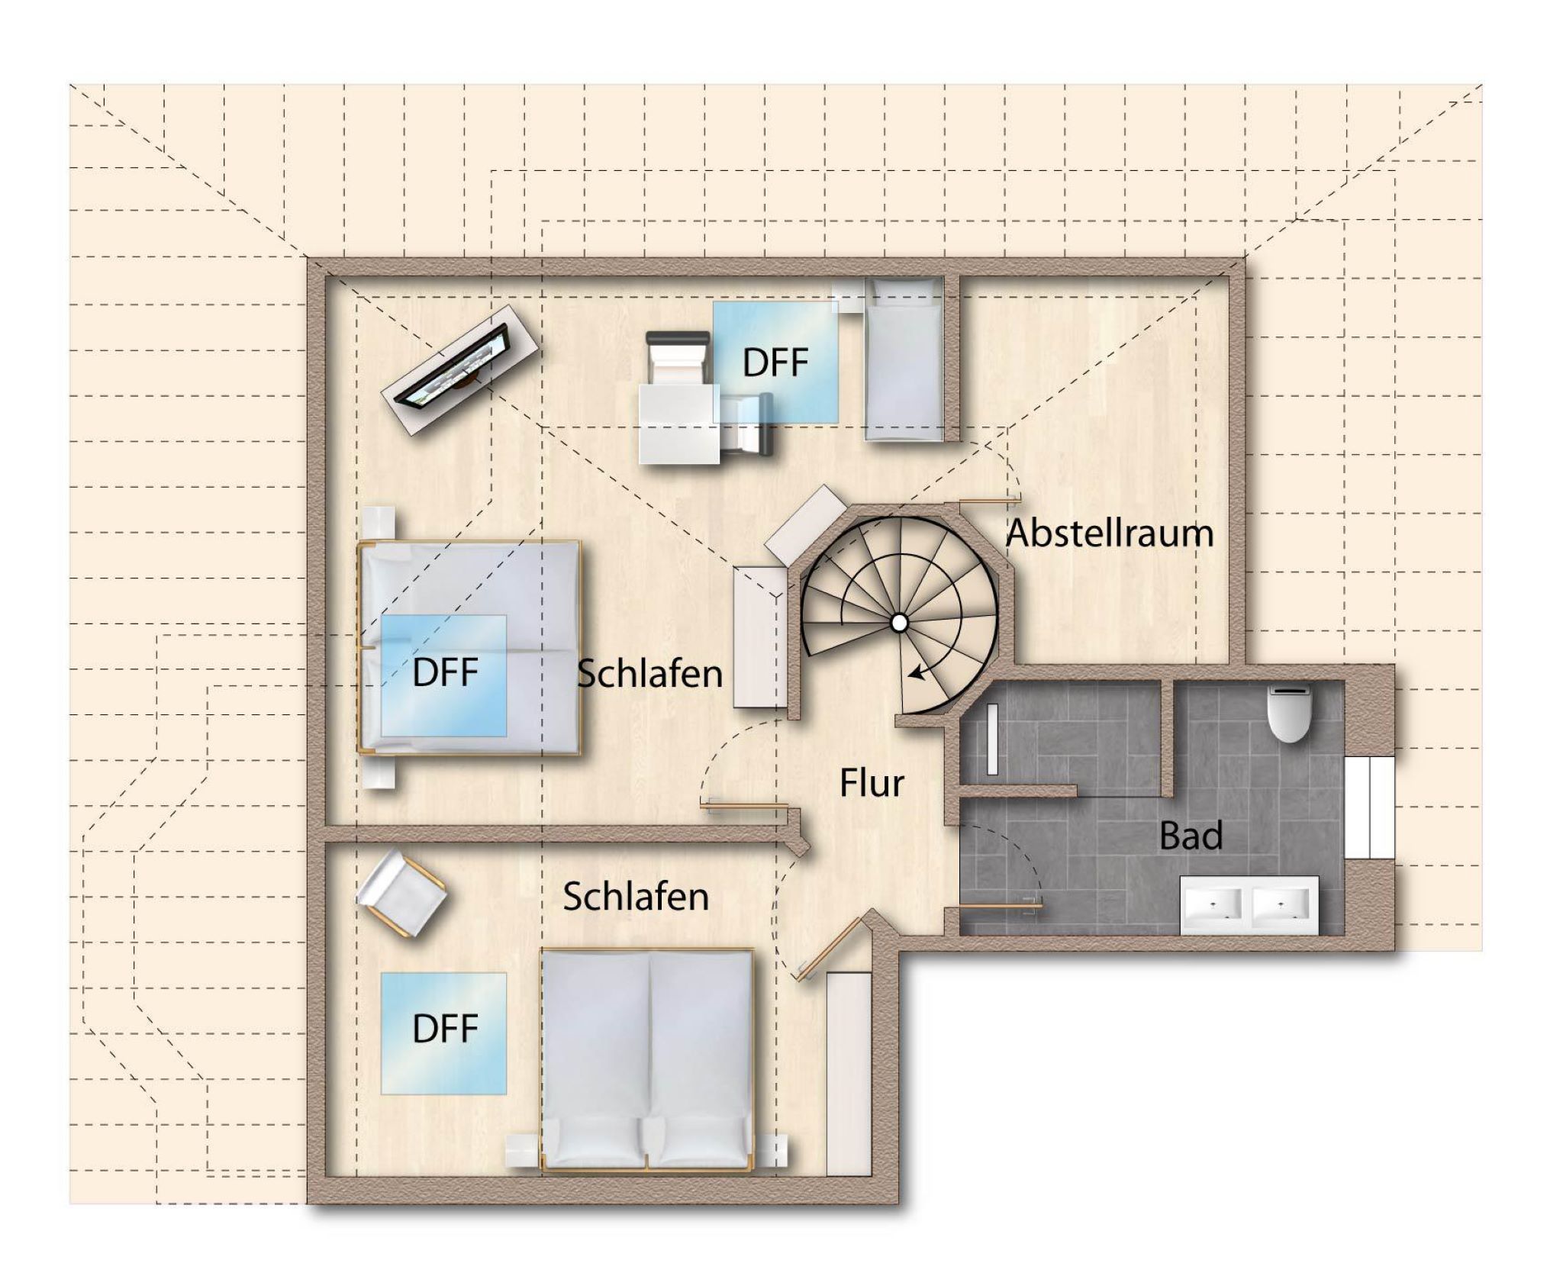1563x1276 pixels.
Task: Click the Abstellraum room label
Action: tap(1110, 533)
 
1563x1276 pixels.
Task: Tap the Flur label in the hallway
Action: tap(872, 783)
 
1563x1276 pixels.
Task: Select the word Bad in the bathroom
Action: tap(1191, 836)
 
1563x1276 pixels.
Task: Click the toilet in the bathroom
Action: tap(1289, 713)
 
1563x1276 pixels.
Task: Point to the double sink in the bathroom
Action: tap(1249, 905)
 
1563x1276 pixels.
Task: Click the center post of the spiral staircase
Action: tap(899, 623)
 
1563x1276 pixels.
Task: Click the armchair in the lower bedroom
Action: tap(401, 894)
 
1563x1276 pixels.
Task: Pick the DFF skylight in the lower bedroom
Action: tap(443, 1033)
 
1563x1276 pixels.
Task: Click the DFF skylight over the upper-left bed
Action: tap(443, 675)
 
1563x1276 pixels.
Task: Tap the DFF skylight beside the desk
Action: tap(775, 362)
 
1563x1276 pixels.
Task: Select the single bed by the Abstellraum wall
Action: tap(903, 359)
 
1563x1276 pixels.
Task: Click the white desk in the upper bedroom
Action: tap(679, 424)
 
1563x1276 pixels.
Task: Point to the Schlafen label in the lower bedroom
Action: tap(636, 897)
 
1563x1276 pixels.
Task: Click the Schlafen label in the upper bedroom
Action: tap(649, 674)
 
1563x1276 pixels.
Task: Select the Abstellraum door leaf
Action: tap(990, 499)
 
